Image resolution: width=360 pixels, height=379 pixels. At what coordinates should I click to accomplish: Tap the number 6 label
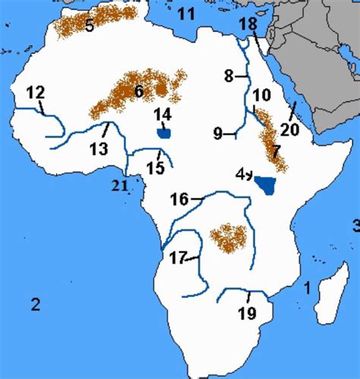click(138, 92)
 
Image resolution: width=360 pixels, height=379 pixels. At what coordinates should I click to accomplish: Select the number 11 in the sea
click(186, 14)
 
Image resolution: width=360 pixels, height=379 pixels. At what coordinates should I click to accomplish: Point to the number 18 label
click(248, 26)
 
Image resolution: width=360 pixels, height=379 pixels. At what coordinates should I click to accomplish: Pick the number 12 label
click(36, 93)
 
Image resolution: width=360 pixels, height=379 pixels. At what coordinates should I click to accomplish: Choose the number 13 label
click(99, 149)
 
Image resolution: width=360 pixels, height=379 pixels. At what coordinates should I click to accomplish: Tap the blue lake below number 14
click(164, 134)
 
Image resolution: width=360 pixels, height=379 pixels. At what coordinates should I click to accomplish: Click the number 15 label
click(156, 167)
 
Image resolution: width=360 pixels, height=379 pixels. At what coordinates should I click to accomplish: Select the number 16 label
click(179, 200)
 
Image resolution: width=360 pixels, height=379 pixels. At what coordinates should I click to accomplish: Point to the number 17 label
click(178, 258)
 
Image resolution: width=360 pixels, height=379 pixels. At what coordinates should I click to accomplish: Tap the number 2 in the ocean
click(34, 305)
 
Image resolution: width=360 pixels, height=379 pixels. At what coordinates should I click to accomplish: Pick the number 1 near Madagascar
click(308, 288)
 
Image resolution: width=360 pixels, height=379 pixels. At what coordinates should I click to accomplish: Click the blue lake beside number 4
click(267, 185)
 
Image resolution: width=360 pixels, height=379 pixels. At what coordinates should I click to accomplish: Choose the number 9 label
click(218, 134)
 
